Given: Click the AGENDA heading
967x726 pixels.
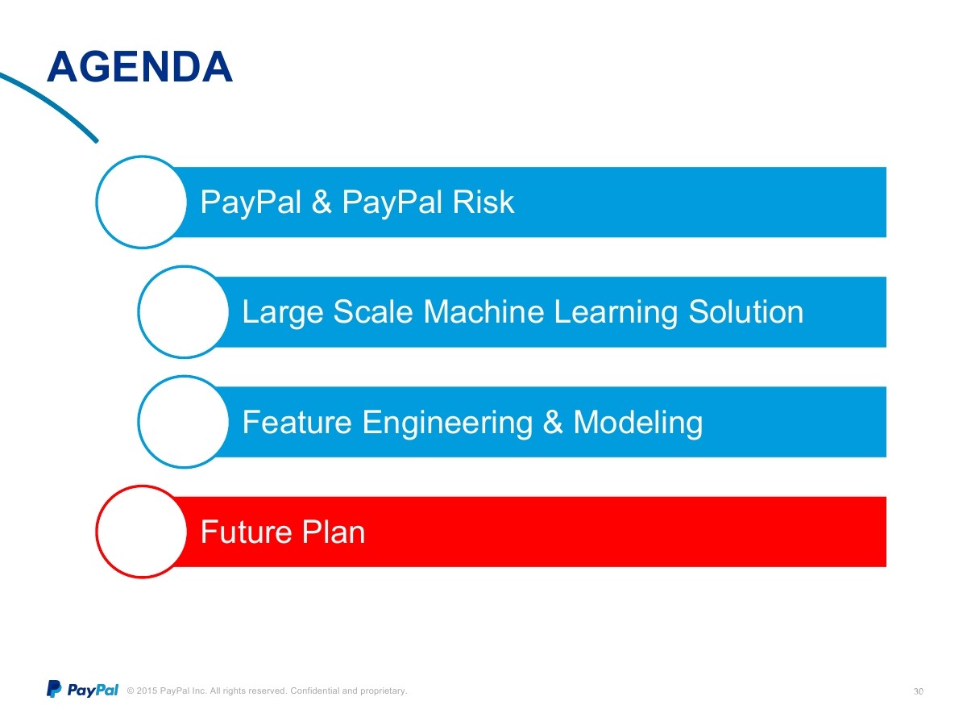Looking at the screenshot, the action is pyautogui.click(x=139, y=67).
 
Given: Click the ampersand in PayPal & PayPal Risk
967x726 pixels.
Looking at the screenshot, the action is pyautogui.click(x=322, y=202).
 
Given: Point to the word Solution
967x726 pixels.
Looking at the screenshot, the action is pyautogui.click(x=746, y=311).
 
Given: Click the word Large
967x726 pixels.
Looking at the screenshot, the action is pyautogui.click(x=282, y=313).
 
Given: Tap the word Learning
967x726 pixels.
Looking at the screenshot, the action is pyautogui.click(x=616, y=313).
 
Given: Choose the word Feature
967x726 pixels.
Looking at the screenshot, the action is pyautogui.click(x=297, y=422).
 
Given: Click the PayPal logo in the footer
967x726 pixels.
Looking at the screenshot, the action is pyautogui.click(x=82, y=689).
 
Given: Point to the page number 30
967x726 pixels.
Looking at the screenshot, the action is pyautogui.click(x=918, y=691).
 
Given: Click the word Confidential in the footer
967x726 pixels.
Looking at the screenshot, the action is pyautogui.click(x=314, y=691).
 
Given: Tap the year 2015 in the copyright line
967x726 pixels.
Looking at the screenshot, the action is pyautogui.click(x=147, y=691).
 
